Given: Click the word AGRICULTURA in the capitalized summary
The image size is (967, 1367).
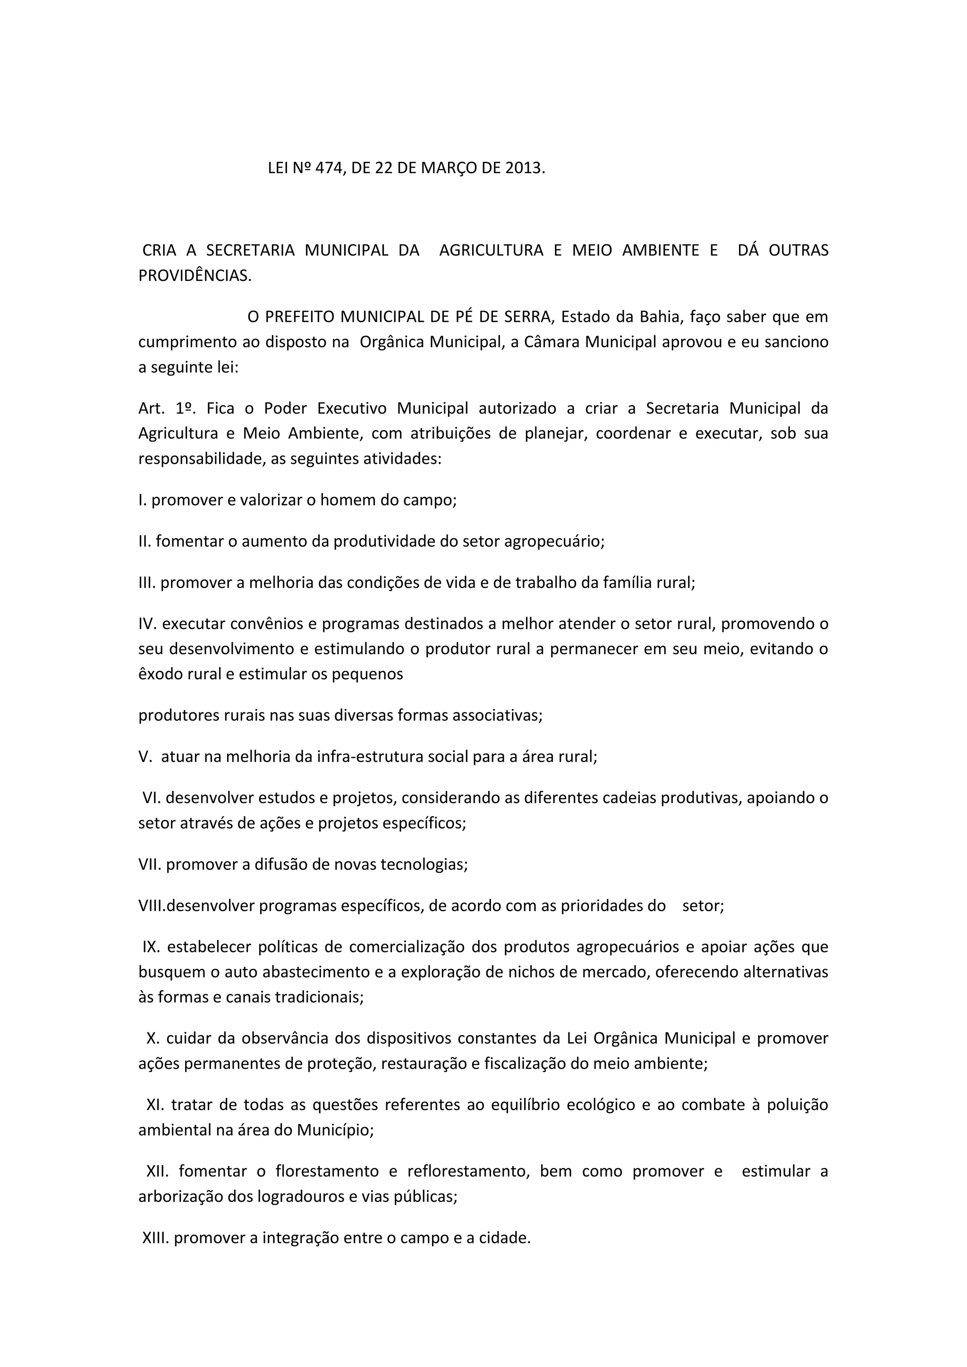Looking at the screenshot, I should coord(491,250).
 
